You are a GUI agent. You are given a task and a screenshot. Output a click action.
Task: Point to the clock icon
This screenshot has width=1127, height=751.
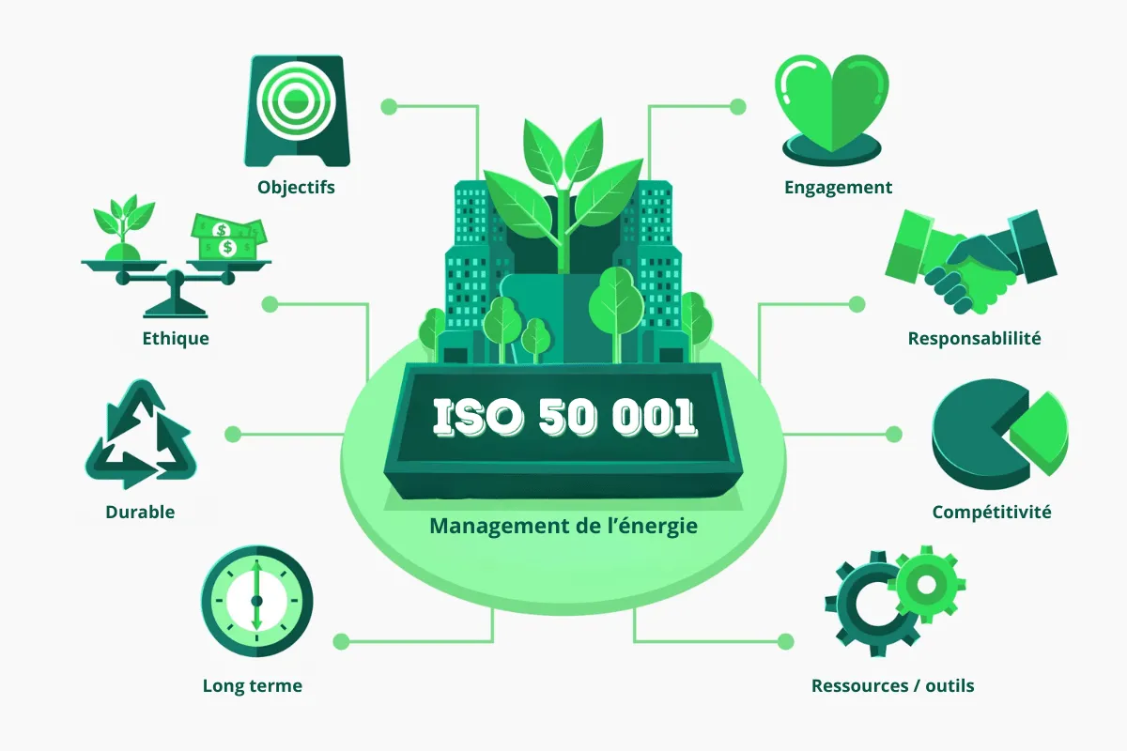pyautogui.click(x=256, y=601)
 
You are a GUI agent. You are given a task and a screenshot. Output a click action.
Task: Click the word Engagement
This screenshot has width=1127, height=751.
pyautogui.click(x=838, y=188)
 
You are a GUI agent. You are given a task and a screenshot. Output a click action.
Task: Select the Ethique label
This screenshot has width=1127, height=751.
pyautogui.click(x=177, y=338)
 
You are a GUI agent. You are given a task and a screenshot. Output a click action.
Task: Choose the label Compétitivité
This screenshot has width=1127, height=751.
pyautogui.click(x=991, y=513)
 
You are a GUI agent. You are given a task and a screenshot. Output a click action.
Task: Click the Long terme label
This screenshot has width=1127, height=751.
pyautogui.click(x=252, y=686)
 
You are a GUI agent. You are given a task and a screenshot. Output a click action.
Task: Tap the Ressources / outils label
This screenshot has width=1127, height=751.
pyautogui.click(x=892, y=686)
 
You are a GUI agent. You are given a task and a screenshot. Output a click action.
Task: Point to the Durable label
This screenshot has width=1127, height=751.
pyautogui.click(x=140, y=513)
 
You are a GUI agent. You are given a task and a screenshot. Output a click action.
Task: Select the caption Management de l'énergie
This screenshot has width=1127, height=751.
pyautogui.click(x=563, y=526)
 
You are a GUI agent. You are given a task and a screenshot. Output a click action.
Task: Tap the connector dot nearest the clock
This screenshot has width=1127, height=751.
pyautogui.click(x=341, y=642)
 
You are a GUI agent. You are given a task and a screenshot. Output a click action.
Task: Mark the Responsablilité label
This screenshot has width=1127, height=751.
pyautogui.click(x=974, y=339)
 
